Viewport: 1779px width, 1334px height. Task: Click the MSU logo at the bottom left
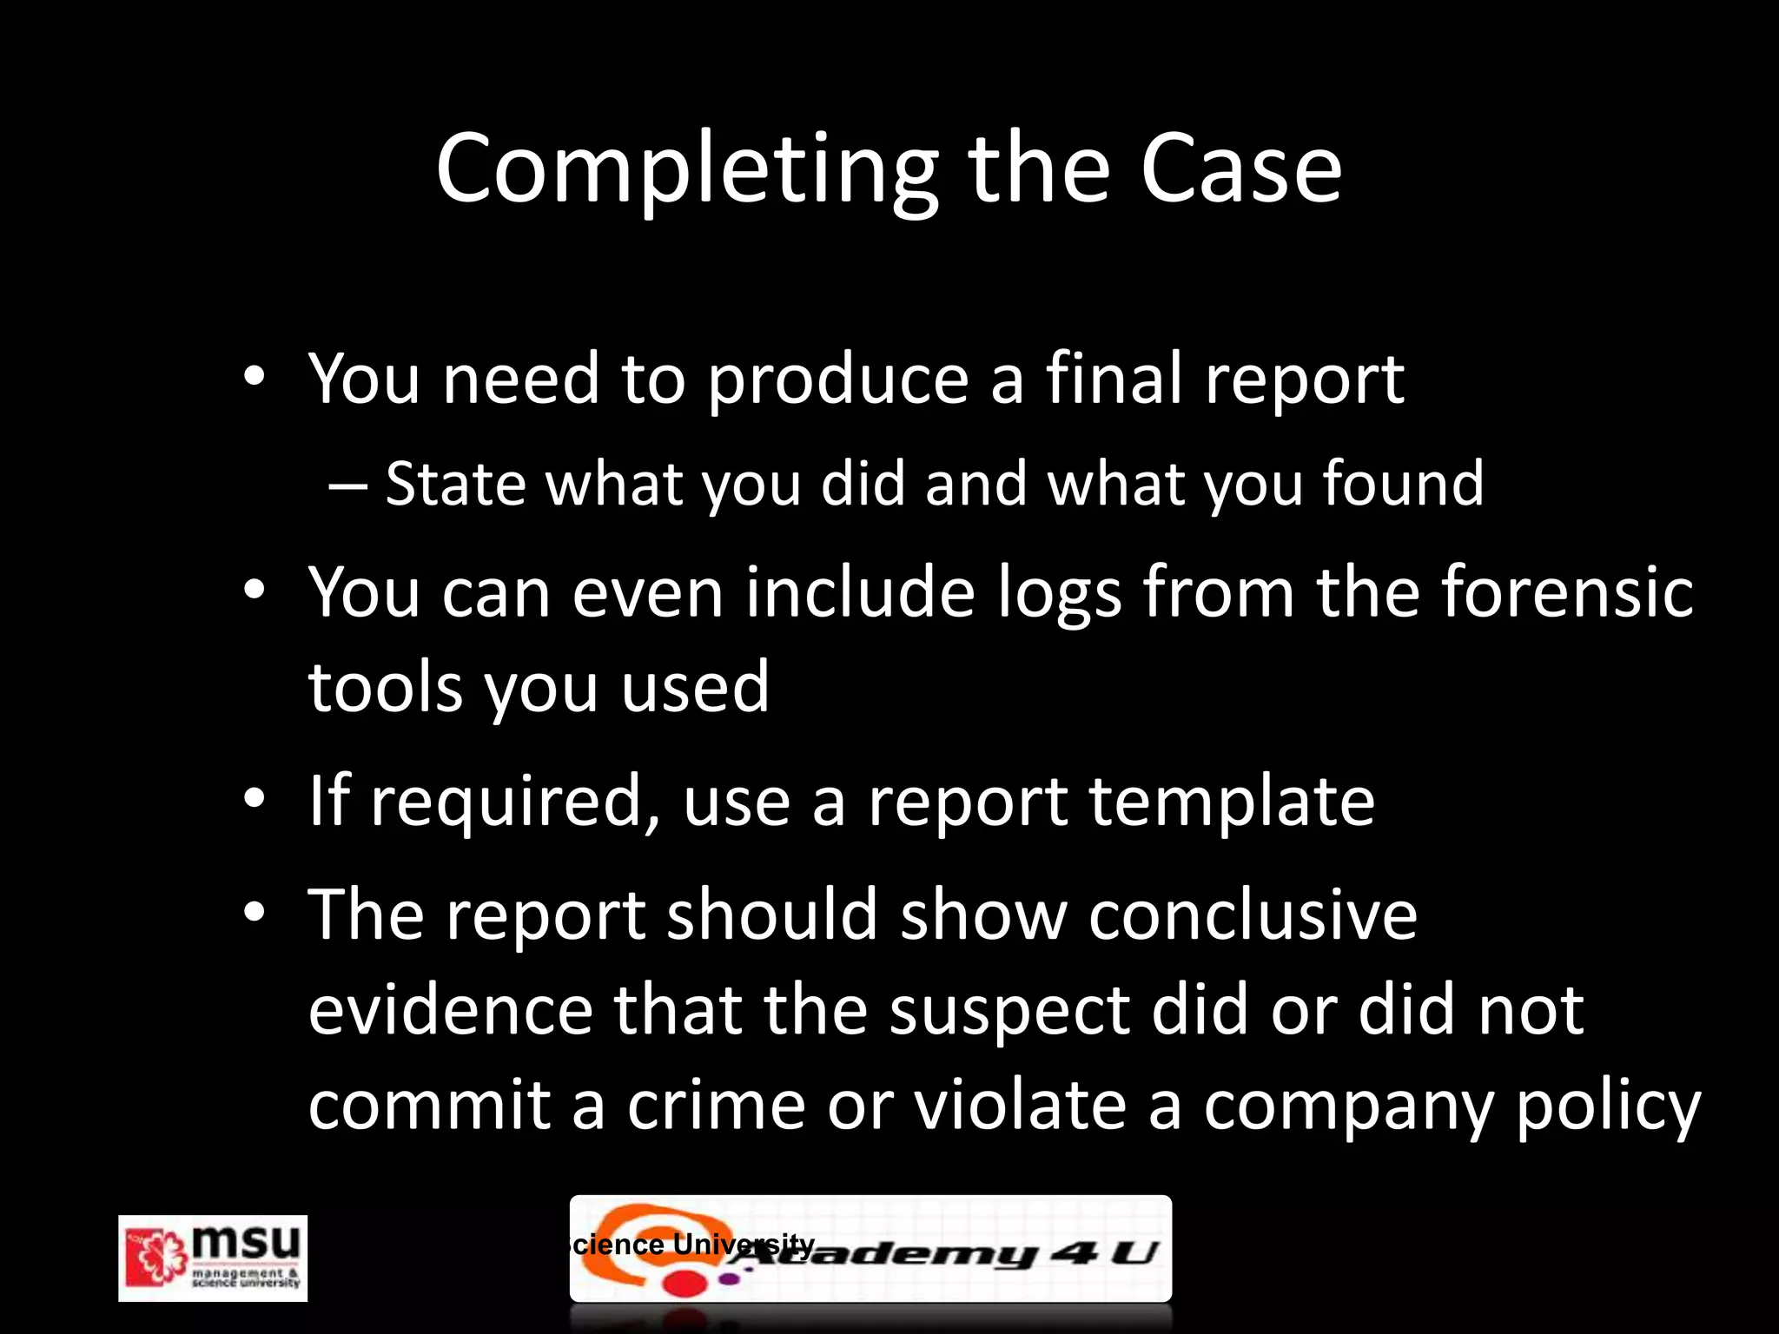click(213, 1258)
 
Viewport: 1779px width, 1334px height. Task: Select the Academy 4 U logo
click(870, 1249)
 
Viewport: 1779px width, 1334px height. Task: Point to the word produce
click(837, 380)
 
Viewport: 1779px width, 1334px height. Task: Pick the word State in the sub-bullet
click(455, 484)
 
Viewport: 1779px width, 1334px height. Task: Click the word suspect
click(1009, 1013)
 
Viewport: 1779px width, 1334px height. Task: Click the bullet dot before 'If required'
click(254, 797)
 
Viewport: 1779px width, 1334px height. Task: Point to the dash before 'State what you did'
click(347, 485)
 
